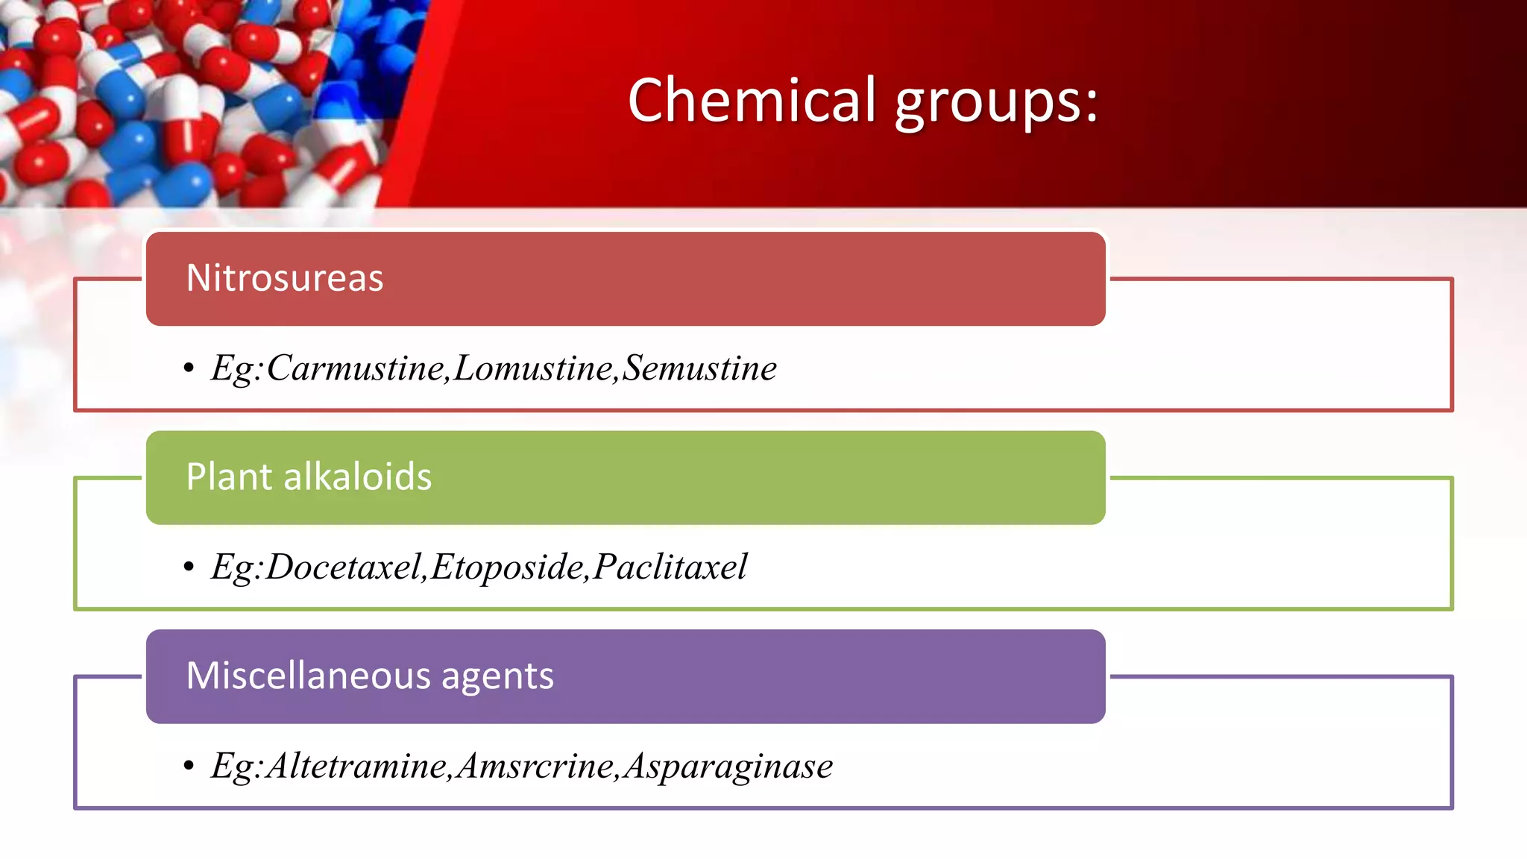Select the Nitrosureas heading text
pos(285,278)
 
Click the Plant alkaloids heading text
pos(309,476)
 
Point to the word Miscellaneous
pos(309,676)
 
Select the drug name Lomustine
pos(533,368)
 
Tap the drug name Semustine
pos(699,368)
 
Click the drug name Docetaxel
pos(344,567)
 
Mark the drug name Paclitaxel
pos(670,567)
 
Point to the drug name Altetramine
pos(356,767)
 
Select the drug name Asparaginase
pos(728,767)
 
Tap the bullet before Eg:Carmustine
pos(189,368)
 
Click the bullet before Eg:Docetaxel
pos(189,567)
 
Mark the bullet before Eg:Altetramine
pos(189,766)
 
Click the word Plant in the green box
pos(229,476)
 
